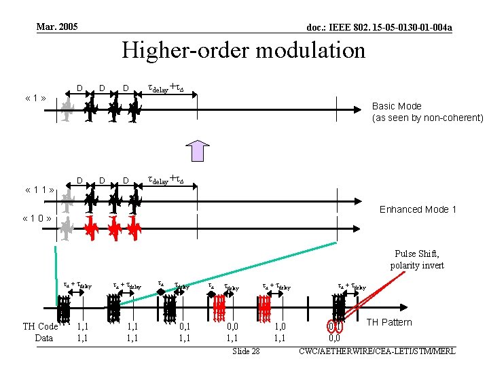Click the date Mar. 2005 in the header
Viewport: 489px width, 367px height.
click(x=57, y=27)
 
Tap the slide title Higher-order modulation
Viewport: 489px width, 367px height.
click(x=243, y=50)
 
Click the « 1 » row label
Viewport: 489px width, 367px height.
click(x=35, y=98)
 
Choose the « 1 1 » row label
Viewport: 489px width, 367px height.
click(x=38, y=190)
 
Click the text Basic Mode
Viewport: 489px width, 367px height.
click(x=397, y=106)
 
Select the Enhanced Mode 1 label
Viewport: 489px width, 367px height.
click(x=418, y=209)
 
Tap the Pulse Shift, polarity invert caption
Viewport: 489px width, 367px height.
click(x=417, y=260)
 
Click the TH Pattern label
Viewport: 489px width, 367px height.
click(x=389, y=322)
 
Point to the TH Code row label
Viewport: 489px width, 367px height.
click(x=40, y=327)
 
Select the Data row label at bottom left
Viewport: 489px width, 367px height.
click(x=43, y=338)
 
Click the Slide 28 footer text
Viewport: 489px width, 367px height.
click(x=246, y=351)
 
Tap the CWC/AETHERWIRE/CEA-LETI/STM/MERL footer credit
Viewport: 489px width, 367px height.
click(x=376, y=351)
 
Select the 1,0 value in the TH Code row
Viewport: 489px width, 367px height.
click(x=280, y=327)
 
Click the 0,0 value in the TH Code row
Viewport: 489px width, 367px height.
click(x=232, y=327)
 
